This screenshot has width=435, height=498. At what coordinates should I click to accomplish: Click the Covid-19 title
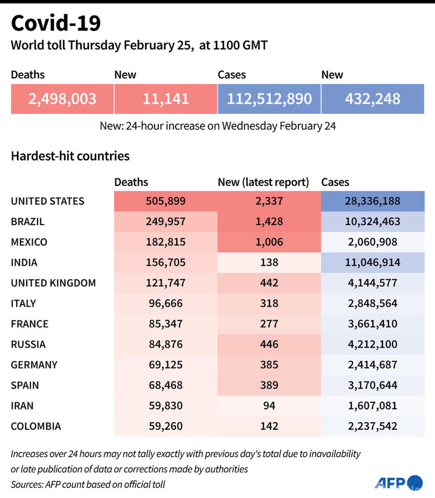(55, 24)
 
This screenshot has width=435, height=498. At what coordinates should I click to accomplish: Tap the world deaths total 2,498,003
(62, 99)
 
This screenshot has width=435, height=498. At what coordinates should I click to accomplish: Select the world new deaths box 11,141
(165, 99)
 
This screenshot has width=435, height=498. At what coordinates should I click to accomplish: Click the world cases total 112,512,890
(269, 99)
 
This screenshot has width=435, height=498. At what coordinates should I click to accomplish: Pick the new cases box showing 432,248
(373, 99)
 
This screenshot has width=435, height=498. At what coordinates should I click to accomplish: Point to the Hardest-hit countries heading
(70, 156)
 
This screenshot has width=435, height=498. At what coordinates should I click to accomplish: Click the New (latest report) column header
(263, 183)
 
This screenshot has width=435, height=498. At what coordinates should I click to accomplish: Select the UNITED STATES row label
(47, 201)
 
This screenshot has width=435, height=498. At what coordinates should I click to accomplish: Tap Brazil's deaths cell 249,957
(165, 222)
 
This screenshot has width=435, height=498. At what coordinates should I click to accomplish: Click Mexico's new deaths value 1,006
(269, 242)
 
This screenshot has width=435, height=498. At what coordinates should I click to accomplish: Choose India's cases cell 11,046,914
(373, 263)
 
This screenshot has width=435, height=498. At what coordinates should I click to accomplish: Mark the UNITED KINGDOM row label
(53, 283)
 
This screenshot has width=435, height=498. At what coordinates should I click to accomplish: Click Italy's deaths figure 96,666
(165, 304)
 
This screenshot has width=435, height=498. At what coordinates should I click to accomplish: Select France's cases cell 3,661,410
(373, 324)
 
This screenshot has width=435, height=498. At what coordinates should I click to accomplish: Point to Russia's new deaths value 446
(269, 344)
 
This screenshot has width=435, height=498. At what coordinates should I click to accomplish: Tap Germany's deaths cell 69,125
(165, 365)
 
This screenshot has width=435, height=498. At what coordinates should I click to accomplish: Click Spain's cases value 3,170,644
(373, 385)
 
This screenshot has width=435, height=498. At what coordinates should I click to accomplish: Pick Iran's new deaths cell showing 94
(269, 406)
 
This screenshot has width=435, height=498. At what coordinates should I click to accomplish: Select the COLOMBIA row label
(35, 427)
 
